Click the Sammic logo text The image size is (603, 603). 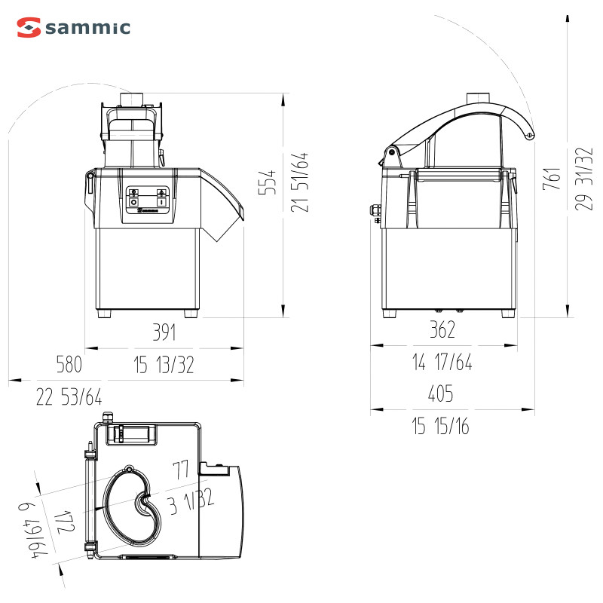88,28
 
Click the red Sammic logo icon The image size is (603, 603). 29,27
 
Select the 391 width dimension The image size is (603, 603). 164,332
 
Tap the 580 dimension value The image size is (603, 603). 69,364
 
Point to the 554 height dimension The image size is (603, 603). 268,182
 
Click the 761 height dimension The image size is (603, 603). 551,179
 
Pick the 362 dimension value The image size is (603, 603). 442,329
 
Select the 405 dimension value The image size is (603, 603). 441,393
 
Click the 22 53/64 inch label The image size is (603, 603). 69,397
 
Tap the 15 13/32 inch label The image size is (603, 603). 164,365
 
